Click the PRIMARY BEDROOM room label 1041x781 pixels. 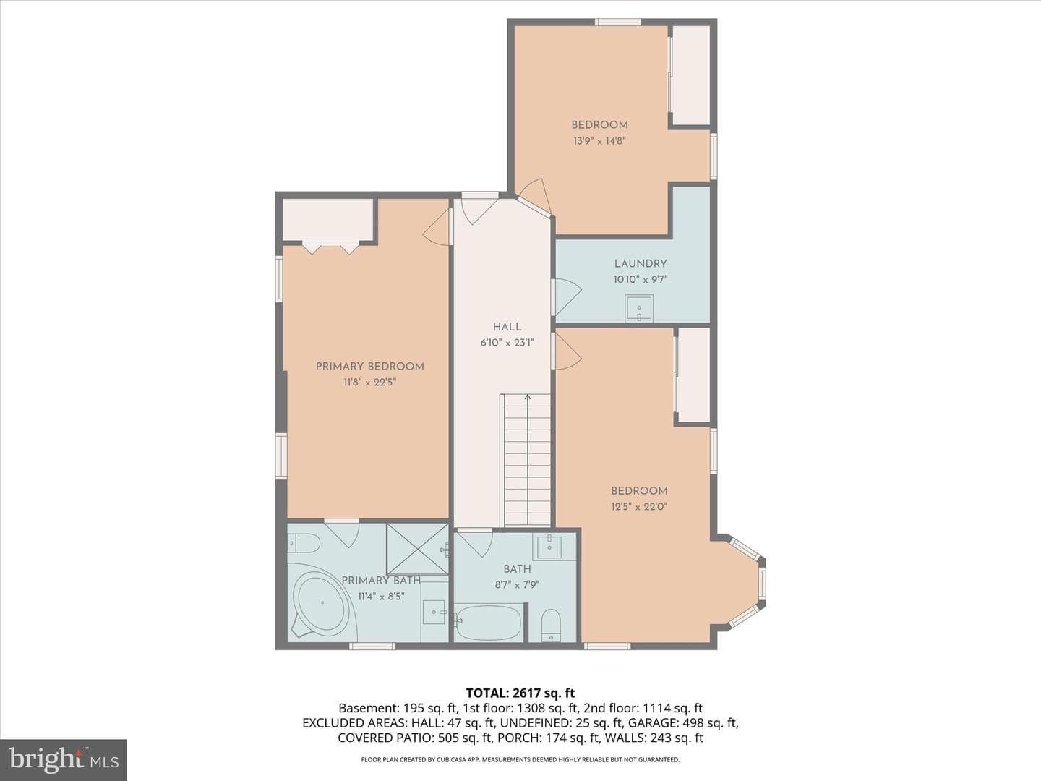tap(370, 367)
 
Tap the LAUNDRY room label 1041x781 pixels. tap(641, 264)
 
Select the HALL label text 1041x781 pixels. tap(507, 327)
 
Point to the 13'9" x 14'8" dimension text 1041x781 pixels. tap(600, 141)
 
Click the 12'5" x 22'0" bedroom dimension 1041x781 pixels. tap(639, 506)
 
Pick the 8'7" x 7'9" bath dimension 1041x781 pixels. tap(517, 585)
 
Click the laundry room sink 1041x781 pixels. tap(639, 308)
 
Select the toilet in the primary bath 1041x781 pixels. tap(304, 542)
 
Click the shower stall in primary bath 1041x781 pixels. tap(417, 549)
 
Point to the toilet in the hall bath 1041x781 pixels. tap(551, 624)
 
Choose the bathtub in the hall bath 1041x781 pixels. tap(487, 622)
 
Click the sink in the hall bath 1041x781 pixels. tap(549, 546)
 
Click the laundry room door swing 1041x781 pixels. tap(567, 297)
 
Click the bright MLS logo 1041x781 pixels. tap(64, 759)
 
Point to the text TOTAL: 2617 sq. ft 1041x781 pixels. tap(520, 693)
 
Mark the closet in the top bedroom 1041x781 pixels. tap(691, 75)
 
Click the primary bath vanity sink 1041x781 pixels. tap(434, 613)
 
